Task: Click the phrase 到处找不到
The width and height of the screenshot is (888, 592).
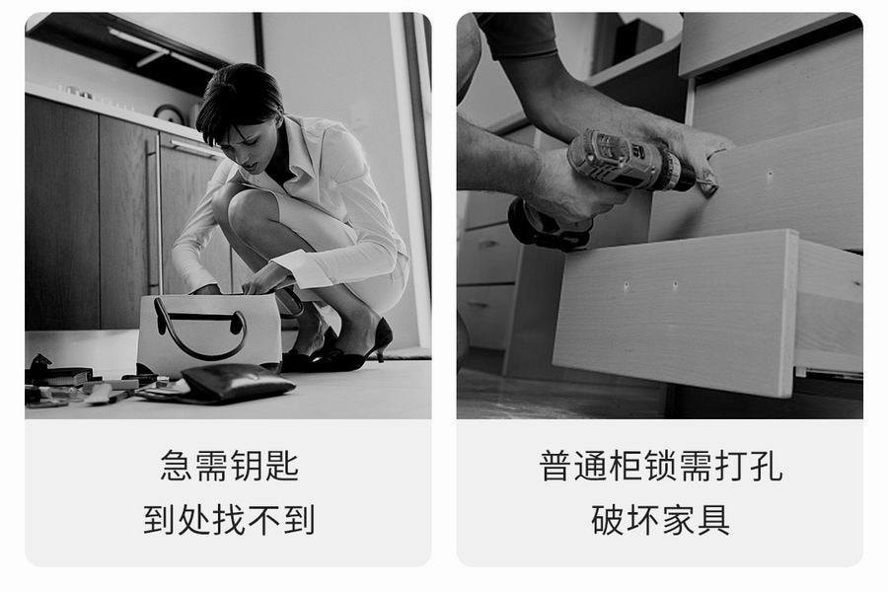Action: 229,519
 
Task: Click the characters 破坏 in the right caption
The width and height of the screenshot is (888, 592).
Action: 625,519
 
